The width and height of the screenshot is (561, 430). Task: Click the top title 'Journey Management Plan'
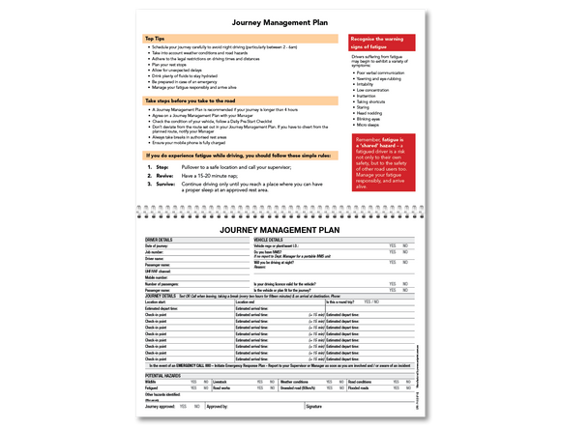click(x=280, y=18)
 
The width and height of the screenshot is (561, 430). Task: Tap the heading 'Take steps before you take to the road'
click(x=191, y=100)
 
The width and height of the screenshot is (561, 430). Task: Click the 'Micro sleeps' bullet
click(x=368, y=125)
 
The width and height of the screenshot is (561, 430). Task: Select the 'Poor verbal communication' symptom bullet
click(x=382, y=72)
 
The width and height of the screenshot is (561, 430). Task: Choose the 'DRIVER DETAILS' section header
click(x=160, y=239)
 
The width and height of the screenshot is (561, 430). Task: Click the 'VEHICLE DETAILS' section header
click(x=268, y=239)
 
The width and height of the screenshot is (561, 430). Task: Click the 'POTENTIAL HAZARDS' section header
click(x=165, y=372)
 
